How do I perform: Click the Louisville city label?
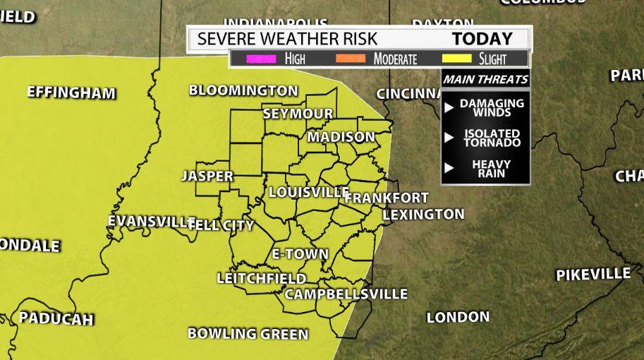(309, 192)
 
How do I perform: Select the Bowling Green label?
(248, 334)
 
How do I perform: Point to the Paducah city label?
(56, 318)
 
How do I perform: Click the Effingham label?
(71, 92)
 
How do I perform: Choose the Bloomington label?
(243, 90)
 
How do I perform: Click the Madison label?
(341, 136)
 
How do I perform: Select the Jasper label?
(207, 176)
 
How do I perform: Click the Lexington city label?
(423, 214)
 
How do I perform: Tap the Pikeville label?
(593, 275)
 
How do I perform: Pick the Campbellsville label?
(346, 294)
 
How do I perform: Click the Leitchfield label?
(261, 278)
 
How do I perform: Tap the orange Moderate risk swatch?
(353, 59)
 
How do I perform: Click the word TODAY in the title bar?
(482, 38)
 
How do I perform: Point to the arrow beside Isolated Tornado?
(449, 138)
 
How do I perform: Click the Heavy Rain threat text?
(491, 169)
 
